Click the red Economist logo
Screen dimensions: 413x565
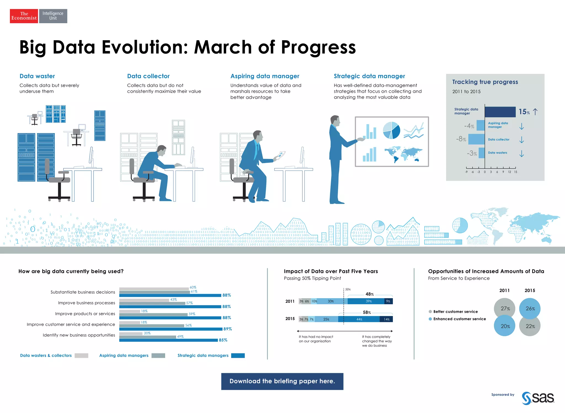(24, 16)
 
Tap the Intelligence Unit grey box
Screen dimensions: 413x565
(53, 16)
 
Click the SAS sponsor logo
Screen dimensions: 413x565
(538, 398)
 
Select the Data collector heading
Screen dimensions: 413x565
(148, 76)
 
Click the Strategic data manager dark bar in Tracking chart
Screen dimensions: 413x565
(500, 112)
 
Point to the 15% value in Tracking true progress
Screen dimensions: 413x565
(524, 112)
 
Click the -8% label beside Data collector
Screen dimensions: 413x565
(461, 139)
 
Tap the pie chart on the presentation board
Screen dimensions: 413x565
(391, 130)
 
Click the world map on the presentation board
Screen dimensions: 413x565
(403, 155)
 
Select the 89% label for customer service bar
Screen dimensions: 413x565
(228, 329)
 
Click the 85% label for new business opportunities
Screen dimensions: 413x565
(223, 340)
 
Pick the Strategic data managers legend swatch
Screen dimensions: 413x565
(238, 356)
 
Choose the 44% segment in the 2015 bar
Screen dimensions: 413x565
(359, 319)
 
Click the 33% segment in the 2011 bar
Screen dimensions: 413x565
(331, 301)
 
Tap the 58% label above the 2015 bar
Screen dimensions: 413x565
(367, 313)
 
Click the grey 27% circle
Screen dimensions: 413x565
(505, 308)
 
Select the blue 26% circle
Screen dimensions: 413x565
(530, 308)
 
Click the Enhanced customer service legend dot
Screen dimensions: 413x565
(430, 319)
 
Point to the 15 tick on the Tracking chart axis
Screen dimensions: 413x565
(515, 172)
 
